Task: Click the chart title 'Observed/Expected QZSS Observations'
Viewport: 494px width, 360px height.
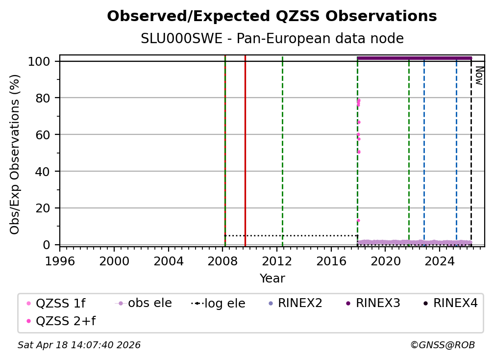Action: [272, 16]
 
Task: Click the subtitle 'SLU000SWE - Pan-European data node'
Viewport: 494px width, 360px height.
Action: [272, 39]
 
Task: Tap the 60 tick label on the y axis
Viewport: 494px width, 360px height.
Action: [45, 134]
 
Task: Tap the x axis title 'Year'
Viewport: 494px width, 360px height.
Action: [272, 279]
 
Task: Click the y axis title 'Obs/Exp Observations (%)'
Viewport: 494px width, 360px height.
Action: [15, 154]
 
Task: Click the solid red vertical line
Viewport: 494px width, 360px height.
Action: [245, 147]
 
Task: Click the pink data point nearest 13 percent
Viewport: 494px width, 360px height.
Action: [358, 220]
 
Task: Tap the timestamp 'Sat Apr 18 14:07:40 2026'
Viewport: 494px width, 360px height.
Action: [79, 345]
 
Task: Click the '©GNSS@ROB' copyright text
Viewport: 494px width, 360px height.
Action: [442, 345]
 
